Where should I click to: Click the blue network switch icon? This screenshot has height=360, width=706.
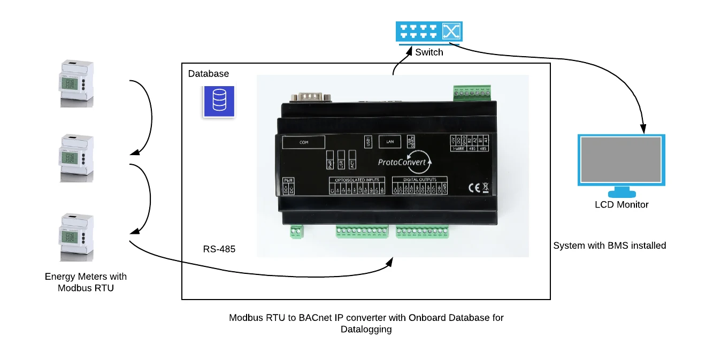tap(429, 32)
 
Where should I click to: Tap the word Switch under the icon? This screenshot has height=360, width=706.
tap(429, 52)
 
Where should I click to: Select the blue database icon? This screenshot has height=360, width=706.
tap(219, 100)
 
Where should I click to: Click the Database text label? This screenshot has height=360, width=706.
tap(208, 74)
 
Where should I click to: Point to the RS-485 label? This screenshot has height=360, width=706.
tap(219, 249)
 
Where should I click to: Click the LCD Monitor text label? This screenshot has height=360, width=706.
tap(621, 204)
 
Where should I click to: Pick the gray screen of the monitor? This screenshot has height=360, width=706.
tap(621, 159)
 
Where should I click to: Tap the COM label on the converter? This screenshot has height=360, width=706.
tap(304, 142)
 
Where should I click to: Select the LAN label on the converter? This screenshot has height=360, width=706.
tap(390, 142)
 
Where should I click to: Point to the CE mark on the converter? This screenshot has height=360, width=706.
tap(474, 188)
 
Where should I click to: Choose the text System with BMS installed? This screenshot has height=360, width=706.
tap(609, 246)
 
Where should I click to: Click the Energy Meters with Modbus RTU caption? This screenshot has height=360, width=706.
tap(86, 282)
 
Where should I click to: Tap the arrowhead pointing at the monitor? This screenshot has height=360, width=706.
tap(644, 129)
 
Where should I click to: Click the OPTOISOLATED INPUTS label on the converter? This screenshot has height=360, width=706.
tap(357, 179)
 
